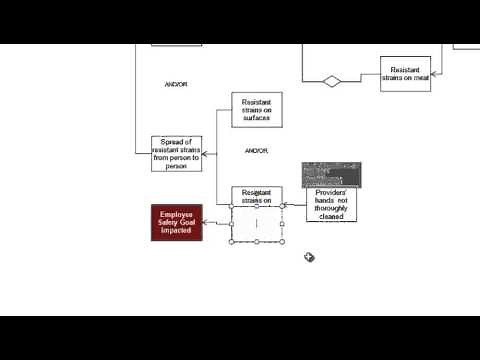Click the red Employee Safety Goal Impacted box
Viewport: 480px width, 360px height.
pos(176,223)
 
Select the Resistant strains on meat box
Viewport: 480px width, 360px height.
pos(405,74)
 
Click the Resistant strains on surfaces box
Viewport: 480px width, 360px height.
pos(256,110)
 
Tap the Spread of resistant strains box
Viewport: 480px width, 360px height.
pos(176,154)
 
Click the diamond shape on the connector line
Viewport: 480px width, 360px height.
pos(332,81)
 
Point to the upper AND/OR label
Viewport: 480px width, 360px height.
pos(175,84)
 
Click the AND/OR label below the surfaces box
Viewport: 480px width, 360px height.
pos(256,150)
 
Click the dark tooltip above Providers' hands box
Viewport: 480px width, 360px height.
pos(332,174)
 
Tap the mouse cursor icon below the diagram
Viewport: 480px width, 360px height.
pos(310,257)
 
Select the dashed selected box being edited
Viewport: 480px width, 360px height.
pos(256,223)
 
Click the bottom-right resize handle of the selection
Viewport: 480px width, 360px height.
pos(282,241)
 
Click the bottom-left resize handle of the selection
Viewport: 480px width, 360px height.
pos(231,241)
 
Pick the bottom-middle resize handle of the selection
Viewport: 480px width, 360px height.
pos(256,241)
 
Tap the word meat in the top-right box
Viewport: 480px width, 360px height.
pos(419,79)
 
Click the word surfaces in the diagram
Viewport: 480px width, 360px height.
pos(256,117)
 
